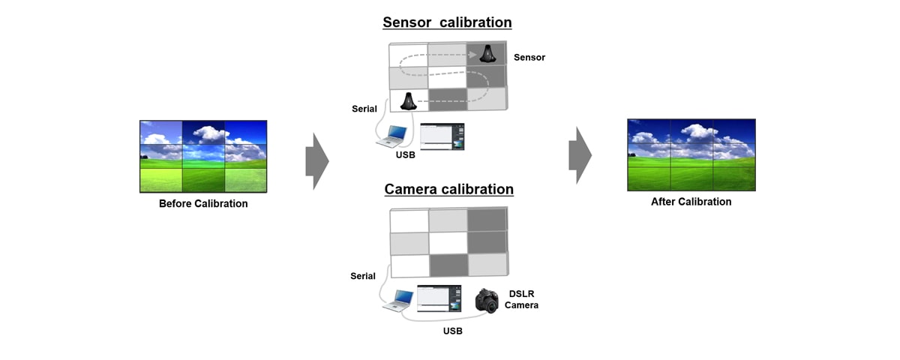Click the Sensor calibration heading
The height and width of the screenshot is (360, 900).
coord(448,22)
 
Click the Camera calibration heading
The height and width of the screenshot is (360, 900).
coord(448,189)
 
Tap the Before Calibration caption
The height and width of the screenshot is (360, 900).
coord(203,203)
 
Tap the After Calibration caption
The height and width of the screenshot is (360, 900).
coord(691,202)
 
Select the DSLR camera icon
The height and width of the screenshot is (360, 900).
coord(487,301)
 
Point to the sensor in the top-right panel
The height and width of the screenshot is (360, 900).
coord(486,54)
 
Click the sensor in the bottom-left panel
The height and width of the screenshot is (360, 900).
coord(409,100)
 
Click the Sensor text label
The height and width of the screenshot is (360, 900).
coord(529,57)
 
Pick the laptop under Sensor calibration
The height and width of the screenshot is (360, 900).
coord(394,136)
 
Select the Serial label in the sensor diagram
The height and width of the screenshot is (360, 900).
coord(364,109)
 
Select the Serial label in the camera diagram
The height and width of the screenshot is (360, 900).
coord(363,276)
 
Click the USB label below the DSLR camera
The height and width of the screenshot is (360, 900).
coord(451,330)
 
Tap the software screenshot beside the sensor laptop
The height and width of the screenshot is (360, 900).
coord(442,136)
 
